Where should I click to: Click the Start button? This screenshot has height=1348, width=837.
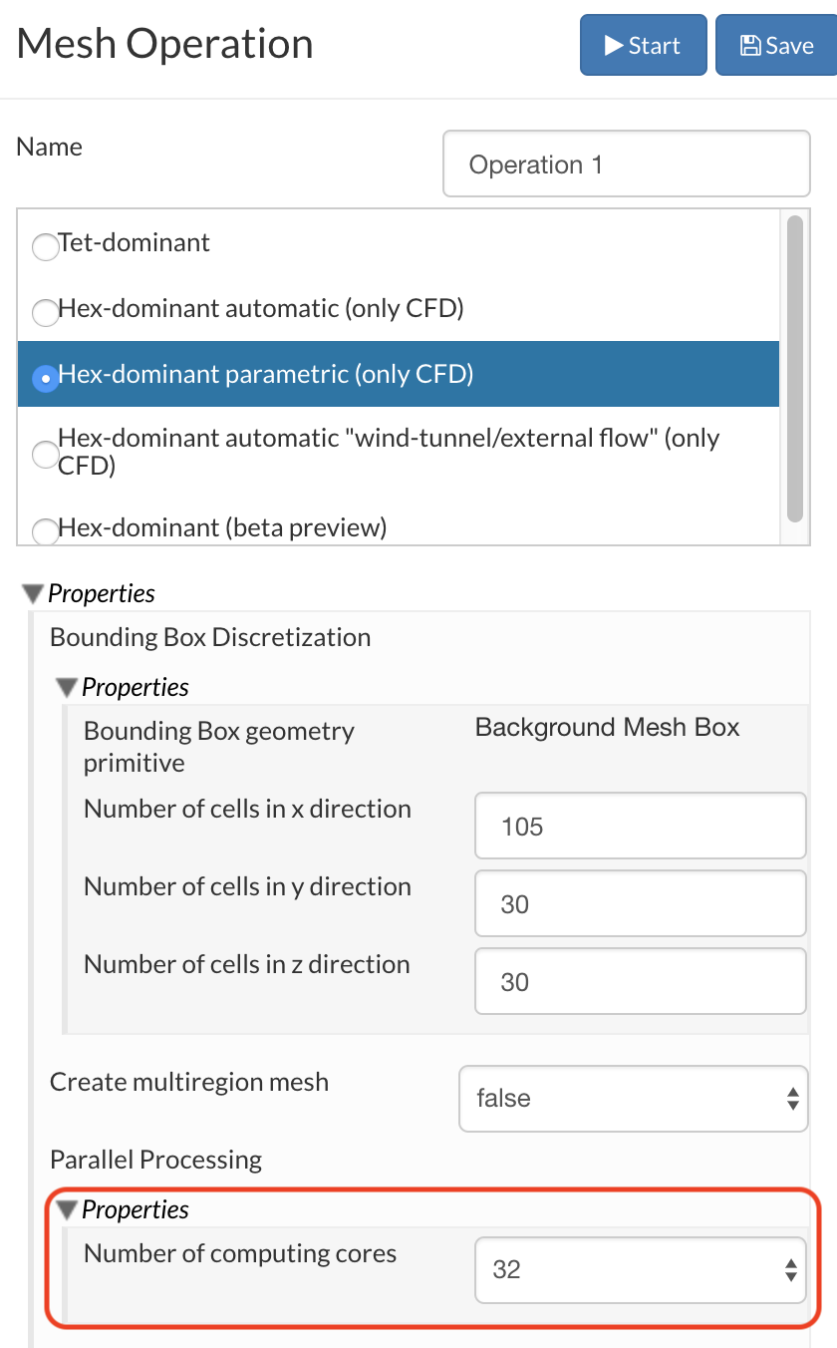coord(643,46)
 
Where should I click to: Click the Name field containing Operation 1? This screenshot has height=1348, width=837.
coord(626,165)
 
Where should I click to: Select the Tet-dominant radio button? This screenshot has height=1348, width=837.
coord(46,246)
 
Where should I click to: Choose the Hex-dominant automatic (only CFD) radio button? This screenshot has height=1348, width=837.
coord(46,312)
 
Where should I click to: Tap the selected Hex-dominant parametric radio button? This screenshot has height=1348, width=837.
coord(46,378)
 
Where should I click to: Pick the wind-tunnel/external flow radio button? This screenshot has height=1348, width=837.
coord(46,454)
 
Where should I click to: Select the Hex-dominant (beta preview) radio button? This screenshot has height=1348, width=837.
coord(46,530)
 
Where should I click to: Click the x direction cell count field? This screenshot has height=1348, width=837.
coord(640,827)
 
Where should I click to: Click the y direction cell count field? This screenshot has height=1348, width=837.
coord(640,904)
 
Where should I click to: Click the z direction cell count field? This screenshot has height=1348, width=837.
coord(640,982)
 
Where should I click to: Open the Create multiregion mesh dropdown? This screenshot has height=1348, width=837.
coord(633,1099)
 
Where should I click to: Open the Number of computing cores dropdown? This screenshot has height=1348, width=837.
coord(640,1270)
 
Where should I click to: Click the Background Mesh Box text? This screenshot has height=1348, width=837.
coord(607,728)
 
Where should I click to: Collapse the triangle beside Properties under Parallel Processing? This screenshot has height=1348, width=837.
coord(67,1210)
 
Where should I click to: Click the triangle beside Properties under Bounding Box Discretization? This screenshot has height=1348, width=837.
coord(67,688)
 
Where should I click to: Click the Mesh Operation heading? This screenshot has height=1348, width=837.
coord(165,44)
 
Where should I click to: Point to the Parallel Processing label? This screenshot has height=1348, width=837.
coord(155,1160)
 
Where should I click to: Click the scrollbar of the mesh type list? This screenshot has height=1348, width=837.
coord(794,369)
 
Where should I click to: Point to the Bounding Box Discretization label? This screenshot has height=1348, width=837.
coord(210,637)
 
